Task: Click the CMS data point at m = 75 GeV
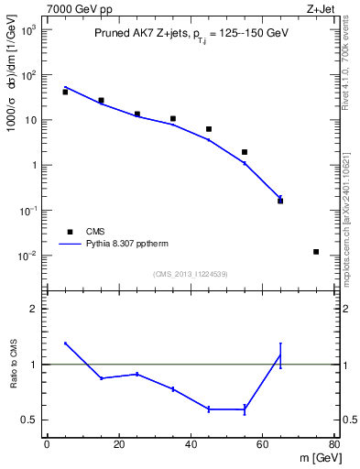tap(316, 252)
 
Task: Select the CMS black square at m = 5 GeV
tap(65, 92)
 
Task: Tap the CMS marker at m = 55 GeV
tap(245, 152)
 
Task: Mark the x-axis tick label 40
tap(191, 445)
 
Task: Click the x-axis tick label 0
tap(47, 445)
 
